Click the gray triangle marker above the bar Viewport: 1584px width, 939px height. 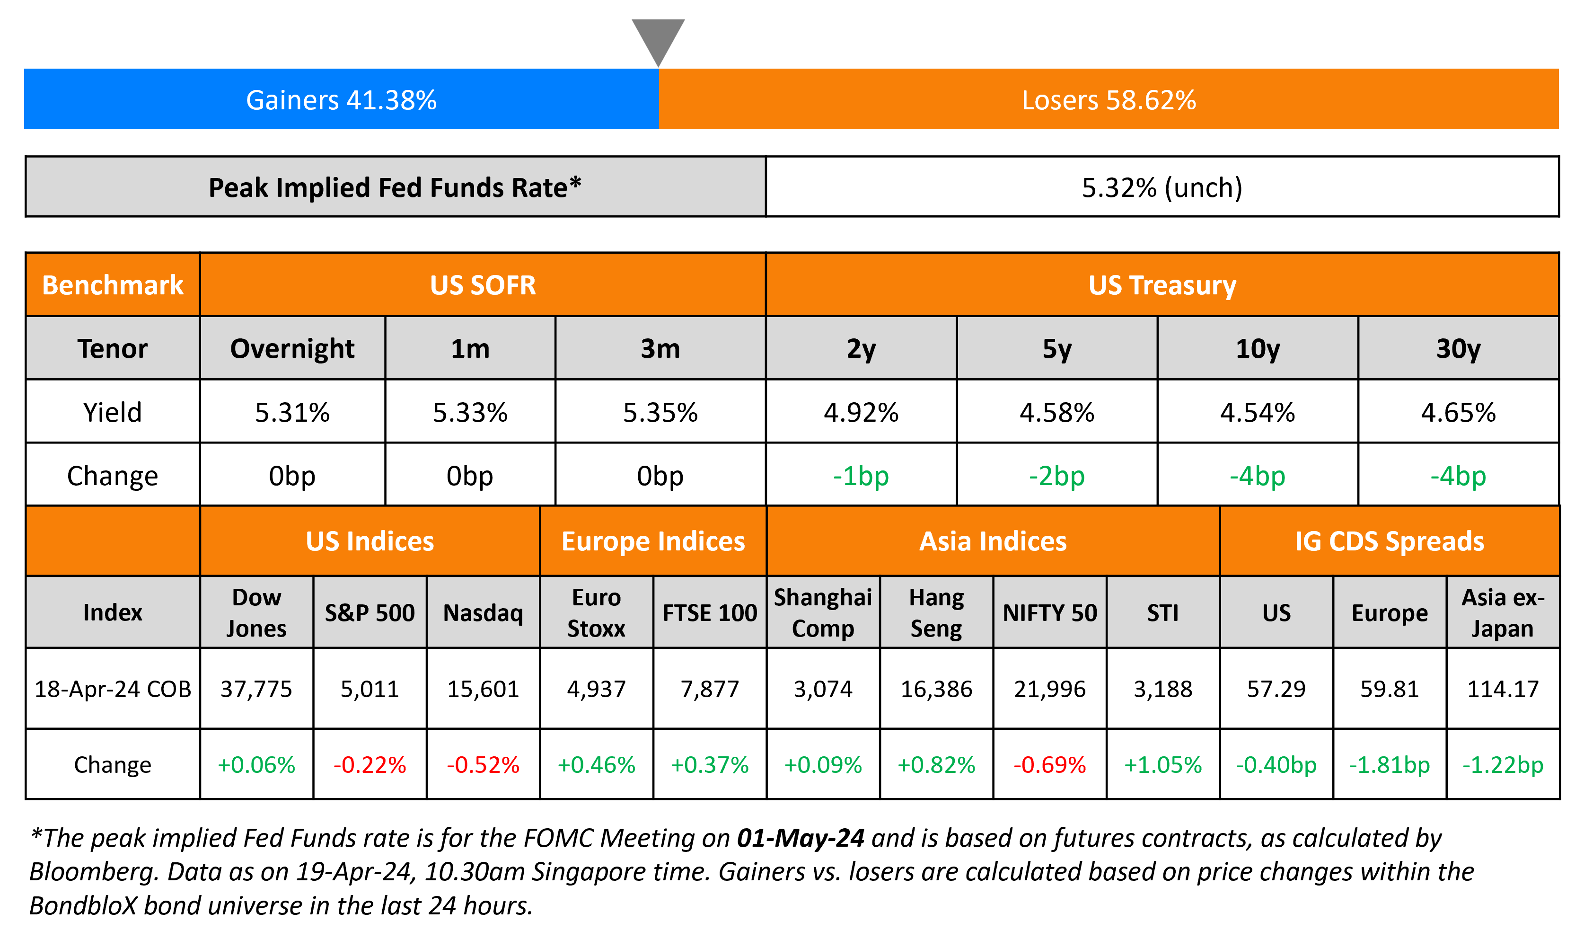tap(658, 38)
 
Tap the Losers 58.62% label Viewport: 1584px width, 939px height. tap(1109, 100)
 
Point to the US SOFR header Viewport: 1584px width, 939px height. tap(483, 285)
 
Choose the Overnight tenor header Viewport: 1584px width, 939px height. tap(292, 349)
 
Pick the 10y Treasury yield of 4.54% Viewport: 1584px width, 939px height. tap(1257, 413)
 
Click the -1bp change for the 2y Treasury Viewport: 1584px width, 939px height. tap(861, 476)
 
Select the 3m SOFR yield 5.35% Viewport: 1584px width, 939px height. tap(660, 413)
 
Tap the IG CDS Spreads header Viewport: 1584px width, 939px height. tap(1389, 541)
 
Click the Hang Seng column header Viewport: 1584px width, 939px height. tap(936, 612)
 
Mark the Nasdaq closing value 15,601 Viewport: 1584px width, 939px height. tap(483, 689)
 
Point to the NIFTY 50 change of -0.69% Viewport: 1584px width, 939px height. tap(1050, 765)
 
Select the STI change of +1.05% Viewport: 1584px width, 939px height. tap(1162, 765)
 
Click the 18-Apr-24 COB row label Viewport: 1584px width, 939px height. tap(113, 689)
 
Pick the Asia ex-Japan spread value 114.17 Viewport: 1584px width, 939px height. tap(1503, 689)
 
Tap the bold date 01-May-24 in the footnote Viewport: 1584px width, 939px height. tap(800, 838)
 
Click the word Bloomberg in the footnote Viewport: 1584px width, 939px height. tap(92, 872)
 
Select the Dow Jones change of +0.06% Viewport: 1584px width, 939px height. tap(256, 765)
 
